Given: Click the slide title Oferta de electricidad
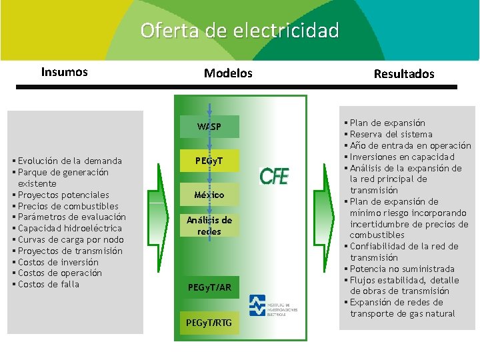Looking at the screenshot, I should [239, 31].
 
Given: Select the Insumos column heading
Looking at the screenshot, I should [65, 72].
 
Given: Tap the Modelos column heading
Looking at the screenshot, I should [228, 73].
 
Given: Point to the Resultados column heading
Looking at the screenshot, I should [404, 74].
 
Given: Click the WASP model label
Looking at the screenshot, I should [209, 127].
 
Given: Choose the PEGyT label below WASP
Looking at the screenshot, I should [209, 161].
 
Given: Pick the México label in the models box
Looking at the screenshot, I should [209, 195].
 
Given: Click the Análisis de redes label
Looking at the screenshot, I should [209, 226].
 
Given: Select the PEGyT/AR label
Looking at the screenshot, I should [209, 288].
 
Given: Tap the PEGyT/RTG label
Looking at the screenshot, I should [209, 323].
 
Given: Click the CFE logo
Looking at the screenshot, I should [274, 176].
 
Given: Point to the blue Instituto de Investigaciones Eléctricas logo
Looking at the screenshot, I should [257, 305].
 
